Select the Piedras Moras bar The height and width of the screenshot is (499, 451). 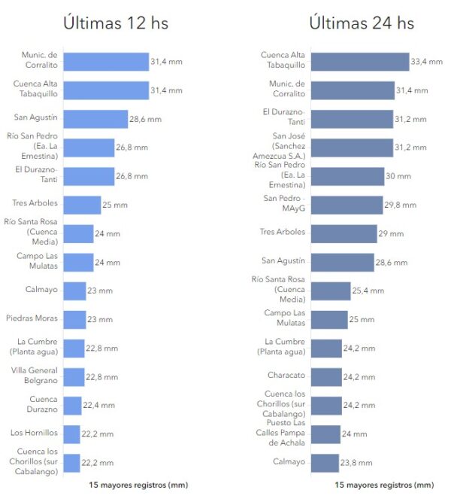pyautogui.click(x=74, y=319)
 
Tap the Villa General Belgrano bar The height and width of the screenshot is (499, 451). pyautogui.click(x=74, y=376)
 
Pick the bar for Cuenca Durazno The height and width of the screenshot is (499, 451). pyautogui.click(x=72, y=405)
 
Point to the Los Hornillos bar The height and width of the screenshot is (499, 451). pyautogui.click(x=71, y=434)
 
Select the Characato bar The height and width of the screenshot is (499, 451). pyautogui.click(x=325, y=376)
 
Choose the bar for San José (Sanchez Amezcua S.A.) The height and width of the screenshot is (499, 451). pyautogui.click(x=351, y=148)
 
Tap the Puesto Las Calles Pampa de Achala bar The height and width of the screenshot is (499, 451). pyautogui.click(x=325, y=434)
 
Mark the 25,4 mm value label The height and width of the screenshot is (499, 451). pyautogui.click(x=368, y=291)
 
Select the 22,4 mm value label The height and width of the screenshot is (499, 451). pyautogui.click(x=98, y=405)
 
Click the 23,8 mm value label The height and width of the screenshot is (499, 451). pyautogui.click(x=357, y=462)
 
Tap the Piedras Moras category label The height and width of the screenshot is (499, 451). pyautogui.click(x=31, y=318)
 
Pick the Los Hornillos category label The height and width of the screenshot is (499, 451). pyautogui.click(x=35, y=433)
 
